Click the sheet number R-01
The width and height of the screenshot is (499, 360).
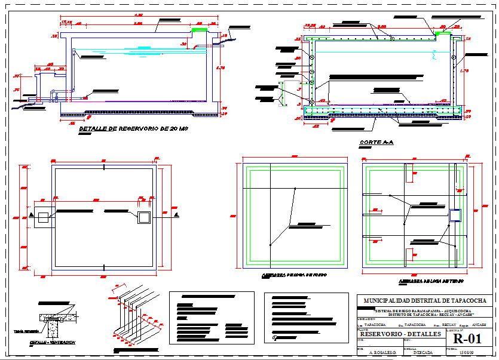[467, 339]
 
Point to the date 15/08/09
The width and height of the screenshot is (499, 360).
[467, 353]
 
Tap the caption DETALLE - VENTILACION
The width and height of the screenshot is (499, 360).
[53, 343]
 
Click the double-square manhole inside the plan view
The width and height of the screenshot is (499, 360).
[143, 217]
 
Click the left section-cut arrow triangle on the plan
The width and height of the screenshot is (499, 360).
[30, 214]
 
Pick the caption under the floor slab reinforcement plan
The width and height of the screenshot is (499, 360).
[286, 276]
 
